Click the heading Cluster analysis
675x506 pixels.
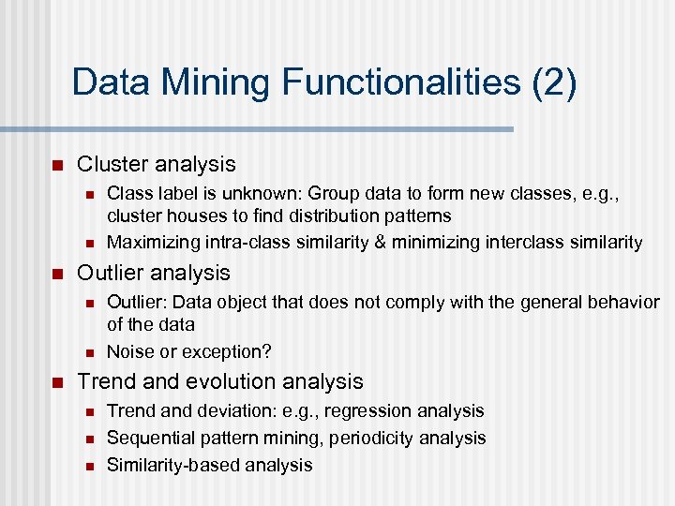(x=156, y=164)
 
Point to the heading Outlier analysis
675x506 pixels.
(x=153, y=273)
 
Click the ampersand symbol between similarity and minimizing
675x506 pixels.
(x=380, y=243)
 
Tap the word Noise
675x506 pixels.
(x=130, y=351)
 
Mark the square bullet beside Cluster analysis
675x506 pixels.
(x=55, y=166)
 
